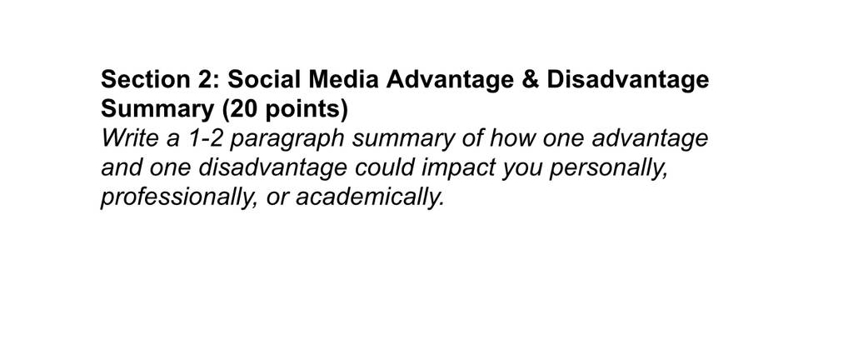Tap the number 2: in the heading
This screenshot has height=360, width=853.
click(x=207, y=79)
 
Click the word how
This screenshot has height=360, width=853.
click(x=511, y=138)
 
